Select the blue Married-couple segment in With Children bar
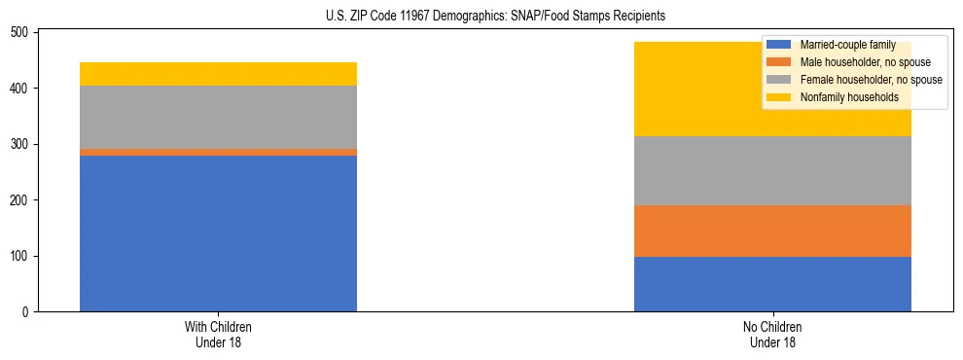point(218,234)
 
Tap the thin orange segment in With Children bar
point(218,152)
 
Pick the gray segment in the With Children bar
point(218,118)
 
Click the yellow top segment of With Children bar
point(218,74)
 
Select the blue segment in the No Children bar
point(772,284)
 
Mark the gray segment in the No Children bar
point(772,170)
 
